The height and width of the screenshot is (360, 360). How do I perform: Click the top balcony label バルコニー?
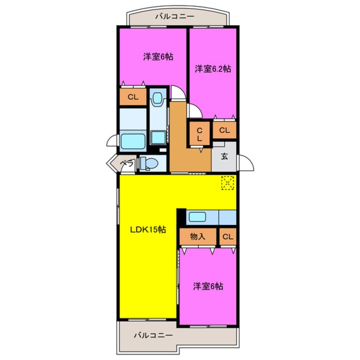click(175, 17)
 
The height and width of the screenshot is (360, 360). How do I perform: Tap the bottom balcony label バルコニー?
click(153, 335)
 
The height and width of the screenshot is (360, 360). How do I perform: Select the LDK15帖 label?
click(148, 229)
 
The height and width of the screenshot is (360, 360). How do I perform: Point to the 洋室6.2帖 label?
click(213, 69)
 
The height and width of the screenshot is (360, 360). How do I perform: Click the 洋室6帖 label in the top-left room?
click(158, 57)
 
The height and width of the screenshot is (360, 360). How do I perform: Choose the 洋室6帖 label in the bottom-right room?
click(208, 286)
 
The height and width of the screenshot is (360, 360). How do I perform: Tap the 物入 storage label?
click(197, 237)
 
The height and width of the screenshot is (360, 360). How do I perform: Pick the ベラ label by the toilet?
click(127, 163)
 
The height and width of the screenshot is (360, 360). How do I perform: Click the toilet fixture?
click(149, 164)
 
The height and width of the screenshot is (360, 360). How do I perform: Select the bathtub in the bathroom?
click(133, 141)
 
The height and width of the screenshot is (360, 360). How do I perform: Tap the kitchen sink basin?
click(197, 217)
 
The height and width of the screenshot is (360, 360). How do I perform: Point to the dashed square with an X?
click(228, 183)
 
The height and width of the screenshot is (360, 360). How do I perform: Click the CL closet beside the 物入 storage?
click(228, 237)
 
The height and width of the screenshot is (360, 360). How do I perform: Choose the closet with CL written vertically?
click(200, 134)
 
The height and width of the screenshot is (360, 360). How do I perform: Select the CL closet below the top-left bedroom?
click(133, 97)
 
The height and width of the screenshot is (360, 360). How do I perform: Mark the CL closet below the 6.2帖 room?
click(225, 130)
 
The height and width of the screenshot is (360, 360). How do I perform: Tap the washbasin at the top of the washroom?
click(158, 98)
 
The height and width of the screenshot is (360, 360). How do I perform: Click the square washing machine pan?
click(158, 137)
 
